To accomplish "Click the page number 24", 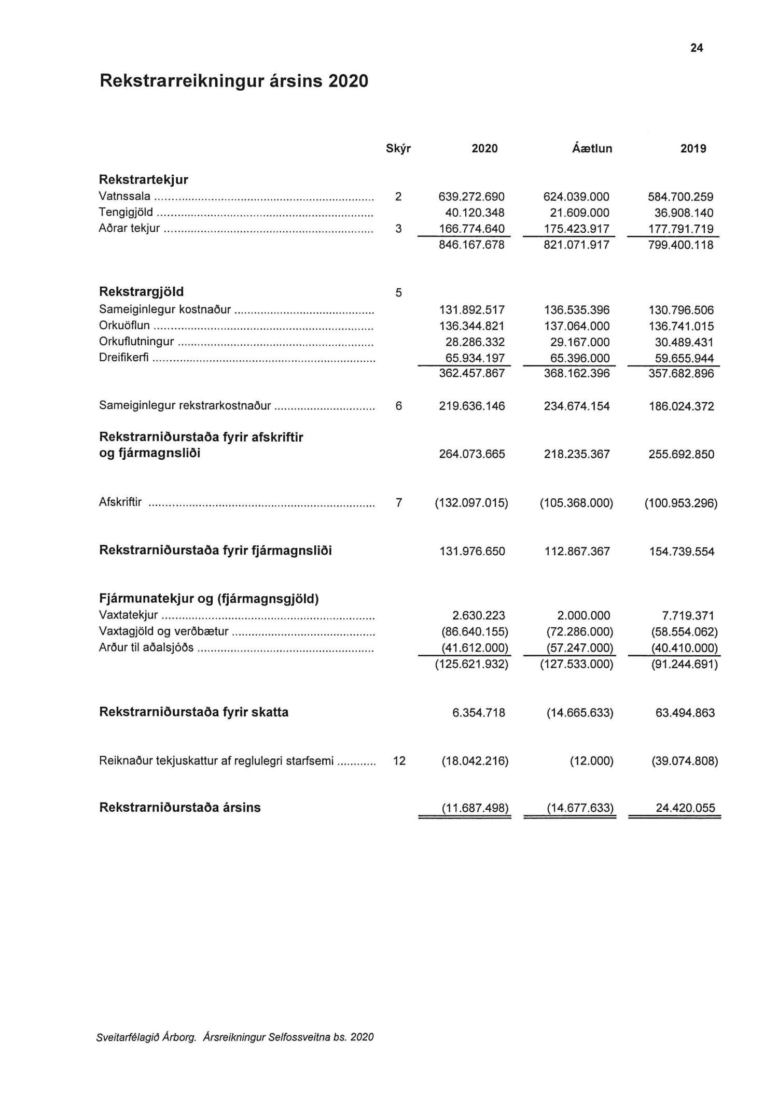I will tap(697, 48).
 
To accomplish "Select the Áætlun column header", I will tap(592, 149).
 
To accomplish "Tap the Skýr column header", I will tap(398, 149).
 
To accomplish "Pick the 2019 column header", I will tap(693, 149).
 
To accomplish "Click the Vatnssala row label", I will tap(124, 196).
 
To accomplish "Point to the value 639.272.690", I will tap(471, 197).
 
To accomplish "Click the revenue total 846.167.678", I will tap(471, 245).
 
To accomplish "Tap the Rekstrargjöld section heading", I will tap(141, 292).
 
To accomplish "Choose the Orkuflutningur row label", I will tap(136, 342).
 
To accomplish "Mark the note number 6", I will tap(398, 406).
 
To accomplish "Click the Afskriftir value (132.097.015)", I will tap(471, 503).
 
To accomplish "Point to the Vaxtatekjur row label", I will tap(128, 616).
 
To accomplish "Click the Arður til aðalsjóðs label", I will tap(146, 648).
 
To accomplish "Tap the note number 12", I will tap(399, 761).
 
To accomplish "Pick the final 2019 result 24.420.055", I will tap(685, 808).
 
